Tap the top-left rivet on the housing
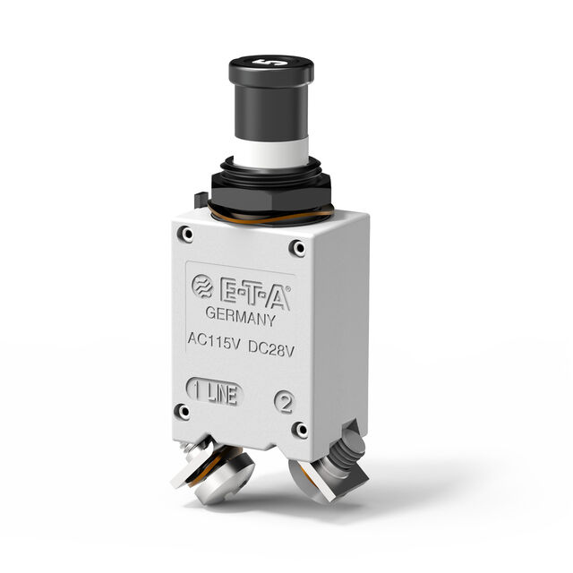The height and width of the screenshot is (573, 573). (185, 235)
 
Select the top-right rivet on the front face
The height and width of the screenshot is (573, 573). (297, 247)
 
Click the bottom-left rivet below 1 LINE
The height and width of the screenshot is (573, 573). (184, 412)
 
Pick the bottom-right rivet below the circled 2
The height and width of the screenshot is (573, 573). (300, 431)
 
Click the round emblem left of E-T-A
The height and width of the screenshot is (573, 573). (202, 286)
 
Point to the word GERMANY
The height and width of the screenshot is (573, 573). (240, 316)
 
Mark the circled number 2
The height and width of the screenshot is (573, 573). (285, 402)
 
